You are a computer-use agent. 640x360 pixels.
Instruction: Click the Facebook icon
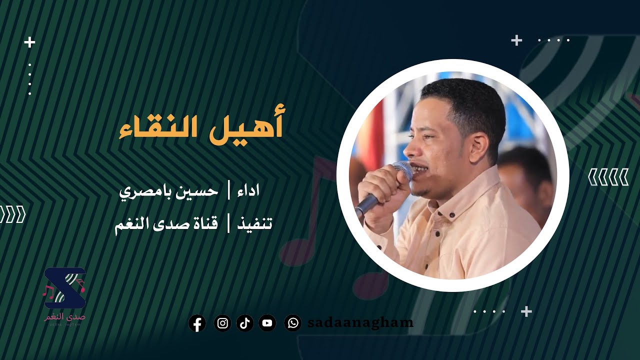pyautogui.click(x=197, y=323)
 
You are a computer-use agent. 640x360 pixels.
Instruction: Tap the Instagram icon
pyautogui.click(x=222, y=323)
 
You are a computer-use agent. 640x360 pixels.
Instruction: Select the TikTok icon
pyautogui.click(x=245, y=323)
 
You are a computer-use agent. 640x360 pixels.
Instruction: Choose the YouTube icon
pyautogui.click(x=267, y=323)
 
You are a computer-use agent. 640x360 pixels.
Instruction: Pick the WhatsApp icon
pyautogui.click(x=292, y=323)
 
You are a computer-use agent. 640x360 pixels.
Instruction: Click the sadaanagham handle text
pyautogui.click(x=360, y=323)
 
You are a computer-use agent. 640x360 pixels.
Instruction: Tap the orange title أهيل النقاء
pyautogui.click(x=201, y=126)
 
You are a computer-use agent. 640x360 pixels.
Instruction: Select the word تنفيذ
pyautogui.click(x=253, y=223)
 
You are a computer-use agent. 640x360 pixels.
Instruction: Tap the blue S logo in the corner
pyautogui.click(x=64, y=287)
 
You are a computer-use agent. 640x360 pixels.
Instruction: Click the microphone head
pyautogui.click(x=403, y=169)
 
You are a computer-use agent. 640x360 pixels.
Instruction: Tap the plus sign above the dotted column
pyautogui.click(x=30, y=42)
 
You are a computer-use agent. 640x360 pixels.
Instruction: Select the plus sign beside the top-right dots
pyautogui.click(x=516, y=40)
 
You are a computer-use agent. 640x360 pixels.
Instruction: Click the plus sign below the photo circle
pyautogui.click(x=526, y=311)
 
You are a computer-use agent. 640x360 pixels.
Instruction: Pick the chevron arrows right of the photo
pyautogui.click(x=608, y=177)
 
